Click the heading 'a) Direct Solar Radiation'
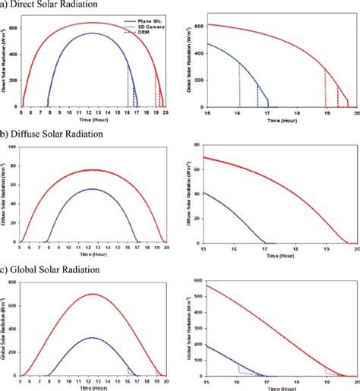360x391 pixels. pyautogui.click(x=46, y=5)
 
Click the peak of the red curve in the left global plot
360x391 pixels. pyautogui.click(x=93, y=294)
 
